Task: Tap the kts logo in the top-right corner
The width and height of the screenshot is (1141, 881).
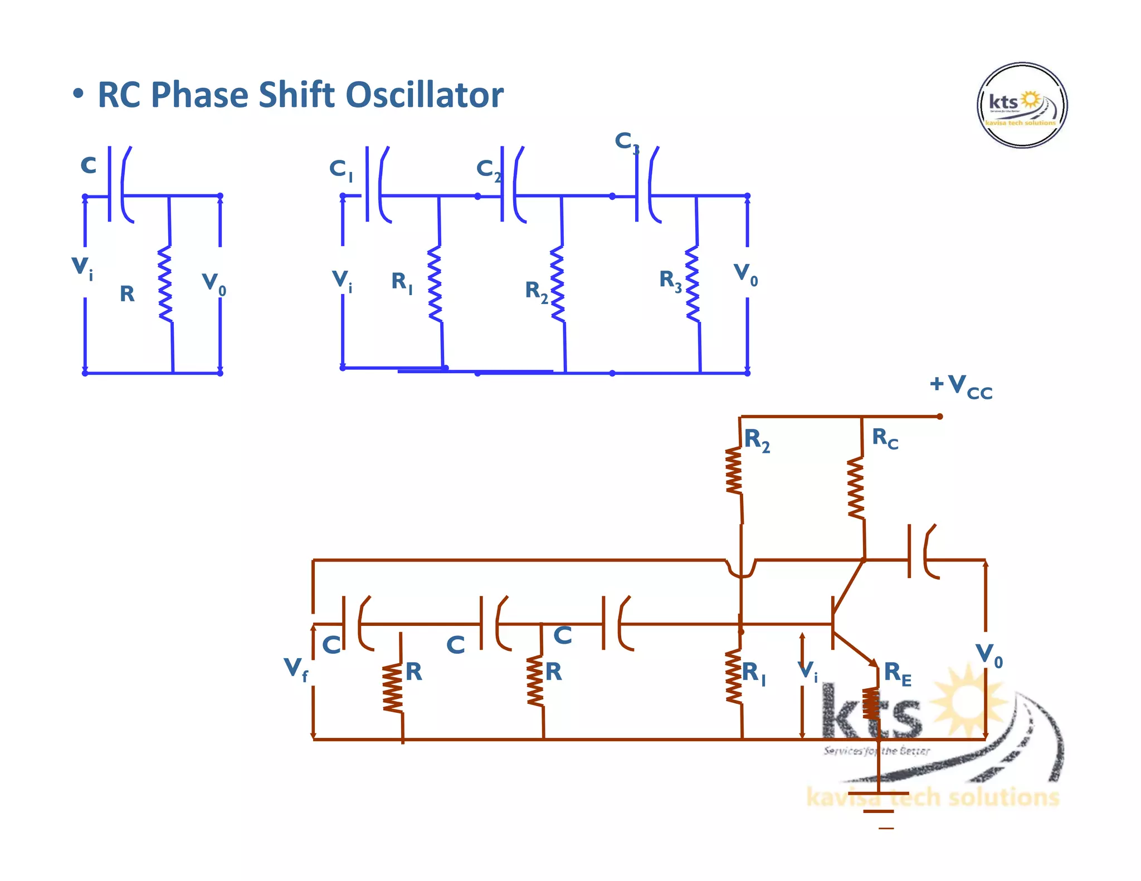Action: click(1022, 105)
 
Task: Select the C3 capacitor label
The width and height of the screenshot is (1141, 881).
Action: click(626, 141)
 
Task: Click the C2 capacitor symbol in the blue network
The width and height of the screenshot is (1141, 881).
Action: click(513, 185)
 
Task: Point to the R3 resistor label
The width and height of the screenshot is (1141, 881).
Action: click(670, 280)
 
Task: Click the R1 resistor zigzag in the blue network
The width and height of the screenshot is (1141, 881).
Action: click(435, 284)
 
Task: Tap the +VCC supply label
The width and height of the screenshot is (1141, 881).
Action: click(962, 385)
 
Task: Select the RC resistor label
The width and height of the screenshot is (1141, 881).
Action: click(885, 438)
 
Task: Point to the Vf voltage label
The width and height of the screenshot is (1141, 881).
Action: click(295, 668)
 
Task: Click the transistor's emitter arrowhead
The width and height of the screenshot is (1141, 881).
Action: click(873, 662)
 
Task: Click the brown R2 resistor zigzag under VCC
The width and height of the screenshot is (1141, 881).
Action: click(734, 471)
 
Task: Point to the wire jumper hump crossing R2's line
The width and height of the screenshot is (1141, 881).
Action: click(741, 570)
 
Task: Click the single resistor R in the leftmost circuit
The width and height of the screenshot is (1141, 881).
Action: click(165, 284)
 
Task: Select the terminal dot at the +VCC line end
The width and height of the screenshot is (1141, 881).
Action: click(939, 417)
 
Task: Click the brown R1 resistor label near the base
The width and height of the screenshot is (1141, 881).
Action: click(753, 673)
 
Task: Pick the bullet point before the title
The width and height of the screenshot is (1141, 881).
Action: click(79, 94)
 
